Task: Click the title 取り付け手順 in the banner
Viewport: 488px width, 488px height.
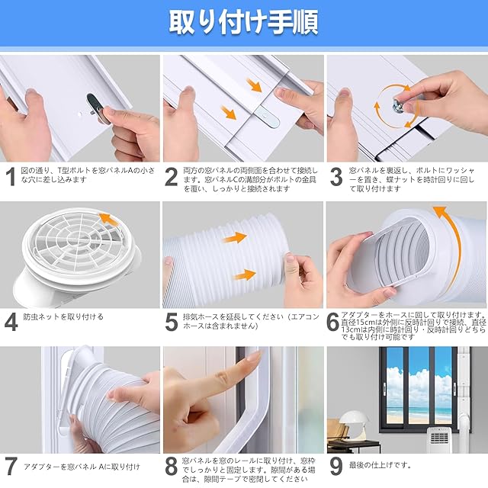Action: pos(244,23)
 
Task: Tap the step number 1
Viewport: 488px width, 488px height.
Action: pos(11,177)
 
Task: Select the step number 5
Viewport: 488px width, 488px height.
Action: pos(172,323)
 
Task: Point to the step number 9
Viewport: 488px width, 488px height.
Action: pos(336,466)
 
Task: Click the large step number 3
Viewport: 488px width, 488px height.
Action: pos(336,177)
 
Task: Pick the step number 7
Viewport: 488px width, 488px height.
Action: pos(11,466)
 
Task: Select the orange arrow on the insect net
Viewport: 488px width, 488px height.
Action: pos(109,219)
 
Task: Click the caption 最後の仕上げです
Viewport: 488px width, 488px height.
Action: pos(380,466)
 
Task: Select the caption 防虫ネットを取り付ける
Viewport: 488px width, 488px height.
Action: pos(63,317)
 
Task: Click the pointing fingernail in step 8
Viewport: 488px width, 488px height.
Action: pos(254,355)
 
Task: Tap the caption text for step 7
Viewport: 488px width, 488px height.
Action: pos(82,467)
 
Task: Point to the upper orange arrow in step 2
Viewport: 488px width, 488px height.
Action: pos(255,85)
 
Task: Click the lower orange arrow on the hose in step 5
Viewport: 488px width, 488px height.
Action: pos(245,275)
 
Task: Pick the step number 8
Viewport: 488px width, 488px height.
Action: pos(172,466)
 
